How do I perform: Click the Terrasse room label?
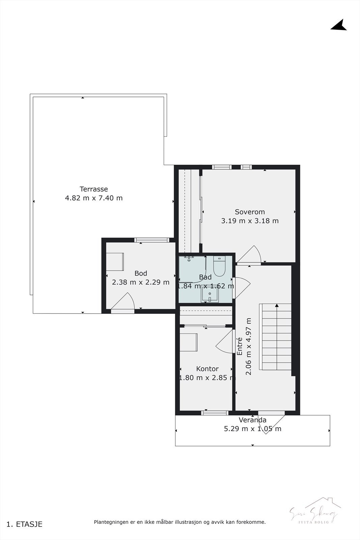[x=93, y=189]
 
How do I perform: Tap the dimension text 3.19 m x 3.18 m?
[x=250, y=221]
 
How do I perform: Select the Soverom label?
[x=250, y=212]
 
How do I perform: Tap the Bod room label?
[x=141, y=273]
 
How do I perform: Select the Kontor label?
[x=207, y=369]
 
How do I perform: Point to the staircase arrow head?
[x=277, y=305]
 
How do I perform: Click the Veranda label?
[x=252, y=420]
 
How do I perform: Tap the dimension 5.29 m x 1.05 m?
[x=252, y=429]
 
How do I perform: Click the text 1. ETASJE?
[x=24, y=524]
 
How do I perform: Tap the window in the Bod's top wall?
[x=151, y=240]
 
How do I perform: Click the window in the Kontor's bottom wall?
[x=215, y=413]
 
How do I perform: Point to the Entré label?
[x=240, y=346]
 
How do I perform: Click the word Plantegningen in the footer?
[x=111, y=522]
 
